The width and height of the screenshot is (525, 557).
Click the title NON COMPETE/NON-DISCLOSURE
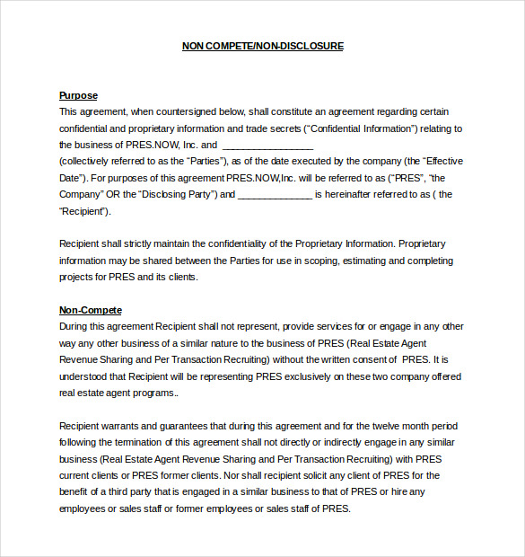(x=262, y=45)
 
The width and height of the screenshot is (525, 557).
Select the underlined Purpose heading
(x=78, y=95)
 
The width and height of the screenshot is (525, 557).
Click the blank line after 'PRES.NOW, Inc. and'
(x=267, y=145)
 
